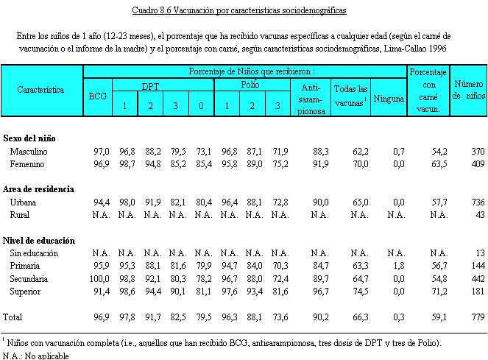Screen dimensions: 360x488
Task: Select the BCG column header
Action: click(x=97, y=96)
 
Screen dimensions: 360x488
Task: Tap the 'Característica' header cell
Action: click(x=41, y=89)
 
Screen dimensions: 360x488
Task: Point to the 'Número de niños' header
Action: click(x=469, y=89)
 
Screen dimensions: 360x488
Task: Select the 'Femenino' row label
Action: click(x=29, y=163)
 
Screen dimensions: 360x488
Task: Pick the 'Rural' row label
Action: click(x=21, y=214)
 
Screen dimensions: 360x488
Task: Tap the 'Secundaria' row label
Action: click(x=30, y=279)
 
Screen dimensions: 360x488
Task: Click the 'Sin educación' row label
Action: click(x=35, y=253)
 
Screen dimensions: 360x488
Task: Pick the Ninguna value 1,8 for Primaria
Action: click(x=398, y=266)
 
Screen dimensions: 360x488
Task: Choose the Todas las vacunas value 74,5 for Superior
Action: click(x=358, y=292)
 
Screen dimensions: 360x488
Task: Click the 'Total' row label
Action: click(x=14, y=318)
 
